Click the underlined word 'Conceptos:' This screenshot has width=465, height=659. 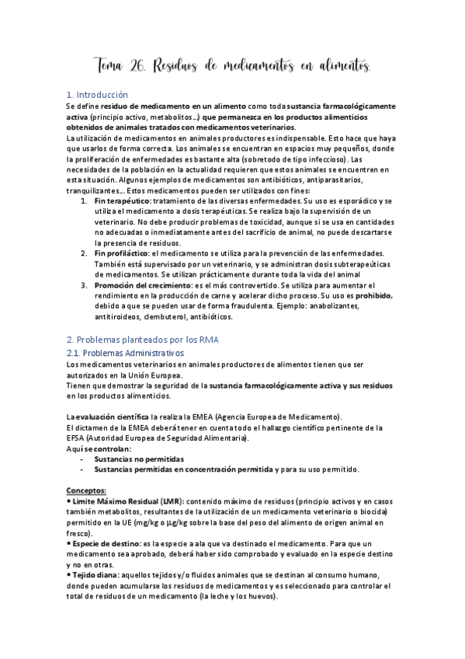pyautogui.click(x=87, y=490)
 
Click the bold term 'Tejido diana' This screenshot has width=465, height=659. pyautogui.click(x=96, y=574)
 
